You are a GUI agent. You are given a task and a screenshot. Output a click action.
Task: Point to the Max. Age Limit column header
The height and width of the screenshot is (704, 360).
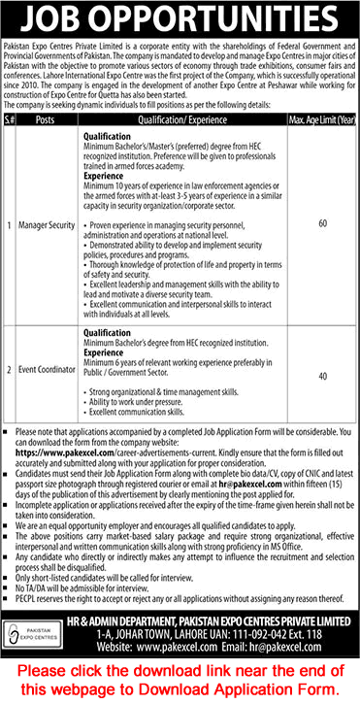pyautogui.click(x=321, y=121)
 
